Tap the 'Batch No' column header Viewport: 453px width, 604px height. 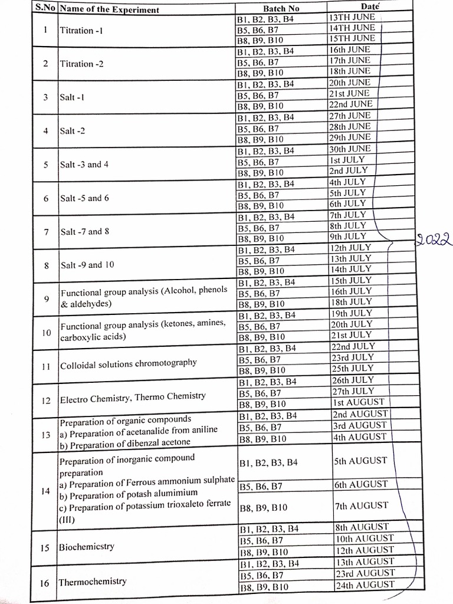coord(281,8)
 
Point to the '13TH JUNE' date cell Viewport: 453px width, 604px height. coord(352,17)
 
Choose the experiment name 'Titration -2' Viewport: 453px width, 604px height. coord(81,64)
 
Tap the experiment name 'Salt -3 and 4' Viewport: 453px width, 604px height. coord(84,165)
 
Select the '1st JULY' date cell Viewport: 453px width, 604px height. coord(347,160)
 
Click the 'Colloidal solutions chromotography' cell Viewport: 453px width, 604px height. coord(128,363)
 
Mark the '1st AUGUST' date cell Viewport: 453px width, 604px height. coord(358,402)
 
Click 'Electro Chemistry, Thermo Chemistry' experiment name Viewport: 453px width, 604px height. coord(133,398)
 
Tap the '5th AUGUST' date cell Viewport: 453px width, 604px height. coord(360,461)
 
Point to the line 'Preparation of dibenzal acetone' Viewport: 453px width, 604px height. coord(124,442)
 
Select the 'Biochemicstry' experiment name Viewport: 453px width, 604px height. coord(86,547)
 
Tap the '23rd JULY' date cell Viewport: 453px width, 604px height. coord(353,357)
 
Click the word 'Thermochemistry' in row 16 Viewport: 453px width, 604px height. coord(93,582)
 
